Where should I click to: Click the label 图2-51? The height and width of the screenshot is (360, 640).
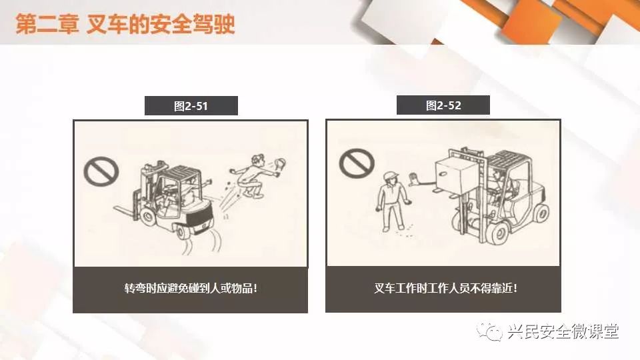click(x=191, y=106)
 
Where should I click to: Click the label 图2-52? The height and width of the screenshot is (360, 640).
click(x=443, y=106)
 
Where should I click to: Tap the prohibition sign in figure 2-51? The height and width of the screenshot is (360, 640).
click(x=101, y=171)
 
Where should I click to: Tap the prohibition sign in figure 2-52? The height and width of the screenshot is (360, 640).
click(x=357, y=163)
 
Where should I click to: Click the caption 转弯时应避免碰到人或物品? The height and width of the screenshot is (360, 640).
click(x=191, y=288)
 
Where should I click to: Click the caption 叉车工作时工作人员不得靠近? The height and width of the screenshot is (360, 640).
click(x=446, y=288)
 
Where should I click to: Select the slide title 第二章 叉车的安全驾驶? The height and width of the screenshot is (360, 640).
click(x=125, y=25)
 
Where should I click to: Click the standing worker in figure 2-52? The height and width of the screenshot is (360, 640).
click(x=393, y=201)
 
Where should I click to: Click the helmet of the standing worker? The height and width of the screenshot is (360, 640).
click(x=391, y=175)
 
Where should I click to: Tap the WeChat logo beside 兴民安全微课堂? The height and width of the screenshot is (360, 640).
click(x=489, y=331)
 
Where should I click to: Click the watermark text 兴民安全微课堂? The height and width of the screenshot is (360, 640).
click(x=563, y=331)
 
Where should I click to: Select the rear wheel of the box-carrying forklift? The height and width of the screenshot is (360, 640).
click(x=541, y=214)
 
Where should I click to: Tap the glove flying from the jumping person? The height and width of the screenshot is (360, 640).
click(x=279, y=164)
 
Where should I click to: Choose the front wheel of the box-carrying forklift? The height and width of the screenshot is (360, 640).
click(x=499, y=233)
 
